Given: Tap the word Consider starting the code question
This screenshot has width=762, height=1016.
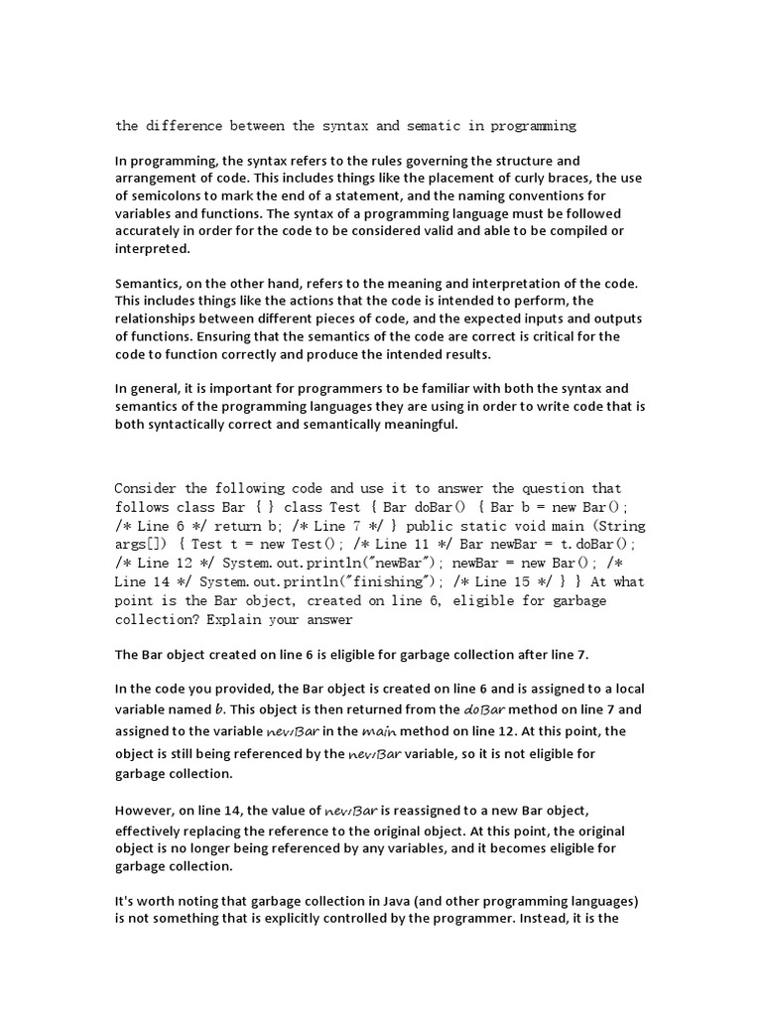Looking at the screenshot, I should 146,488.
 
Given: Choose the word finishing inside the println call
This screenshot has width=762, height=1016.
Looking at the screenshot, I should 400,581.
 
